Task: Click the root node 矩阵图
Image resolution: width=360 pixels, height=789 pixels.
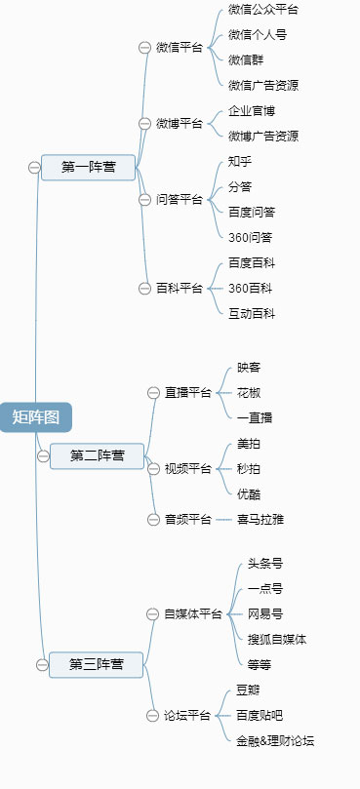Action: [36, 417]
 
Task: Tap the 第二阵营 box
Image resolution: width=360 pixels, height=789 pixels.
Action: [97, 455]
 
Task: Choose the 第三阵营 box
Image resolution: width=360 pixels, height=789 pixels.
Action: [96, 664]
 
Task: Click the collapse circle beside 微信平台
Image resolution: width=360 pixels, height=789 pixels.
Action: [145, 47]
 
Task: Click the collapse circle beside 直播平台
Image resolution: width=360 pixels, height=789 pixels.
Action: [153, 393]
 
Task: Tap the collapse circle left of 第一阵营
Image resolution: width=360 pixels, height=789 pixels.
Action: [34, 168]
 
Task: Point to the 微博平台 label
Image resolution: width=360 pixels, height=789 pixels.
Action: [180, 124]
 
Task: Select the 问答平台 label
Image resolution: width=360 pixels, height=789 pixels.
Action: [180, 200]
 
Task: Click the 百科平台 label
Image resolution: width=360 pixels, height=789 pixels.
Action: [180, 288]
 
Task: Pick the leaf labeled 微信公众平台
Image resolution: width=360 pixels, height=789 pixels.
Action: [263, 10]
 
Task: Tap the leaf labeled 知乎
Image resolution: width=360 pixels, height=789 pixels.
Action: [240, 161]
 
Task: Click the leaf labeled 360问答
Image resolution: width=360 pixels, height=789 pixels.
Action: [251, 237]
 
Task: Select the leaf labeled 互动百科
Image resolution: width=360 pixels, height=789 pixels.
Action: [252, 313]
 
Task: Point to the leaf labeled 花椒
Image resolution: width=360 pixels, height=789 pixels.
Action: [249, 393]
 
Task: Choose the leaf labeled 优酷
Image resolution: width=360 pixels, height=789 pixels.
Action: [249, 494]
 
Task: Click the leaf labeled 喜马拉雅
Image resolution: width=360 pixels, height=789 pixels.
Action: [260, 520]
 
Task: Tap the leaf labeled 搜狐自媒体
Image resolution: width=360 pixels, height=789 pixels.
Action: [277, 640]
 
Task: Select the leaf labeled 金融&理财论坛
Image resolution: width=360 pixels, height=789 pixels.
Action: [275, 741]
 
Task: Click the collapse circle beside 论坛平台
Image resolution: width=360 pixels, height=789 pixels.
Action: [153, 716]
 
